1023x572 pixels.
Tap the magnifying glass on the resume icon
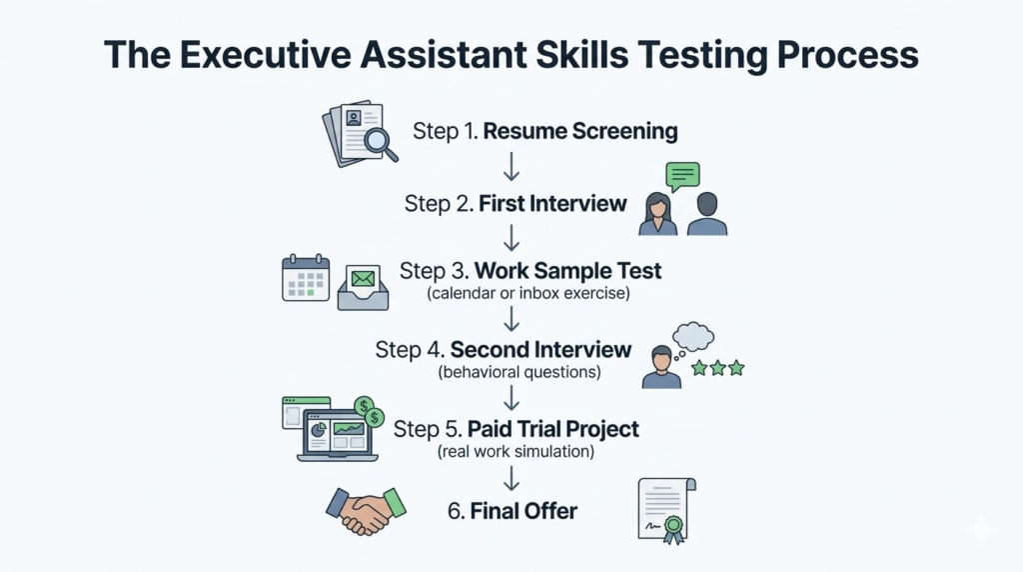coord(378,142)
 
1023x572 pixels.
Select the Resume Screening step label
coord(580,131)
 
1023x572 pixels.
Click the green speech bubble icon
coord(682,177)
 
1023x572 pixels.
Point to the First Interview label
coord(552,203)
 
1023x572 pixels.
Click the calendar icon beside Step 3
coord(306,277)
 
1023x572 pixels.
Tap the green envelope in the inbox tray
coord(363,276)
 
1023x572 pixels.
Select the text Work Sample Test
coord(567,271)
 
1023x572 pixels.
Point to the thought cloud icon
coord(693,337)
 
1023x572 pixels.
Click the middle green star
coord(718,368)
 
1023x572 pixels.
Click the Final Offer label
coord(511,511)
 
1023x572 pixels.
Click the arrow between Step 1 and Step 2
coord(511,165)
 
